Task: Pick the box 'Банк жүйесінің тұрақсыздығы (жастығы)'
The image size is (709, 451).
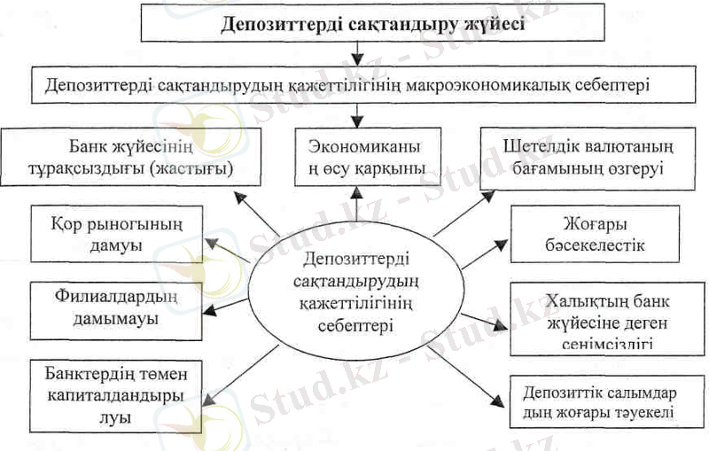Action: pyautogui.click(x=131, y=154)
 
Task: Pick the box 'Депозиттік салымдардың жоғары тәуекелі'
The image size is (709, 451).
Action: pyautogui.click(x=598, y=401)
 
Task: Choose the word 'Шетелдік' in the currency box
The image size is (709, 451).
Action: pyautogui.click(x=541, y=144)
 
